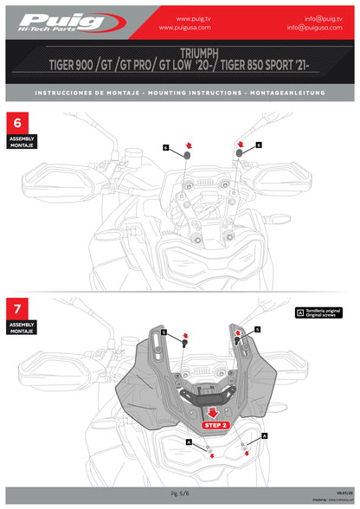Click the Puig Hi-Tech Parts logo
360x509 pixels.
click(x=61, y=22)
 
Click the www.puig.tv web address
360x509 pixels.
click(x=196, y=17)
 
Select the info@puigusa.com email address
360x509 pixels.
click(x=321, y=27)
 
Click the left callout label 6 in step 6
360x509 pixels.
click(x=165, y=148)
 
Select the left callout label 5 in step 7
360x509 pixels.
click(x=164, y=332)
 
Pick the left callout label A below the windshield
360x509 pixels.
click(x=188, y=441)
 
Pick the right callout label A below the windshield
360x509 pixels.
click(x=264, y=438)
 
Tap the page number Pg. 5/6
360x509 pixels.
click(x=180, y=491)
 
